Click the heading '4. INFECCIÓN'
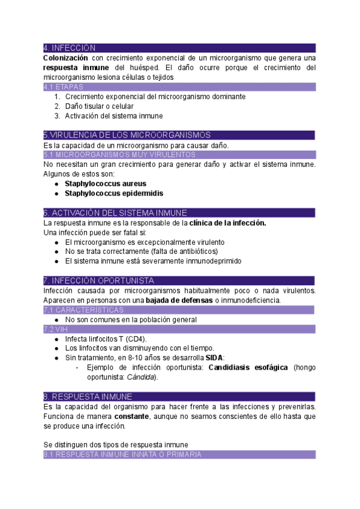pos(70,48)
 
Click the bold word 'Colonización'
pos(65,58)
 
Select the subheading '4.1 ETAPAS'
pos(64,87)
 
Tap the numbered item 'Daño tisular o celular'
pos(99,106)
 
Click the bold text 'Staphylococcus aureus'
pos(105,184)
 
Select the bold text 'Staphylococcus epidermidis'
pos(113,193)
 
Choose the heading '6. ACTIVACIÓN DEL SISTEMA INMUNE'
pos(115,213)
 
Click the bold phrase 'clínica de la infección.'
pos(227,223)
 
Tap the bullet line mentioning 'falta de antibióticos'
pos(141,251)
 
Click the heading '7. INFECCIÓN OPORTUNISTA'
pos(99,281)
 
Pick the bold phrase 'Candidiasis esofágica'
pos(248,367)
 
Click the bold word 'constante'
pos(131,416)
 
